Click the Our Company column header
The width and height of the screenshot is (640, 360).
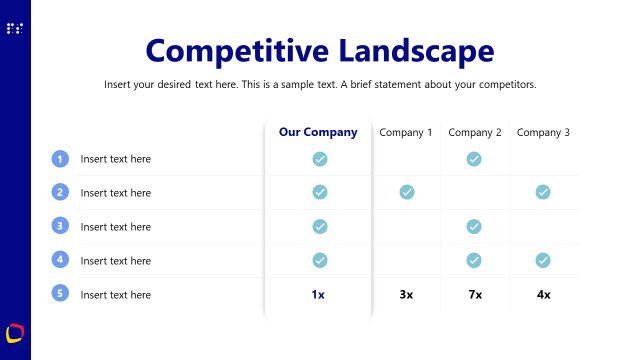click(318, 132)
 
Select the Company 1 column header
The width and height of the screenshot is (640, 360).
click(406, 132)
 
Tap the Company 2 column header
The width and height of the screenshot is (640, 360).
click(475, 132)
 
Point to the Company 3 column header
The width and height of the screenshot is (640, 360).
click(543, 132)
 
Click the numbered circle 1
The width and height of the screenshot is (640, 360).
click(60, 158)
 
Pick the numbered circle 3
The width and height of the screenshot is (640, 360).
click(60, 226)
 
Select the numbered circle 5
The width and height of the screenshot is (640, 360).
click(60, 294)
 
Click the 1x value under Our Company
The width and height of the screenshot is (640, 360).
click(318, 294)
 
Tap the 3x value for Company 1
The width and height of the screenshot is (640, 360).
click(407, 294)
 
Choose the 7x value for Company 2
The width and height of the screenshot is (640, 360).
click(475, 294)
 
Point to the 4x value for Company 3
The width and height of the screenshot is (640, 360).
click(543, 294)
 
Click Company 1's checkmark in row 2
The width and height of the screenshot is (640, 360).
click(407, 192)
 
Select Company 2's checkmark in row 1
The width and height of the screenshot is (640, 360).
click(474, 158)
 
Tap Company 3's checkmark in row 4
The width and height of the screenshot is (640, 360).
click(543, 260)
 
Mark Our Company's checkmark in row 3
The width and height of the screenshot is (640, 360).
click(320, 226)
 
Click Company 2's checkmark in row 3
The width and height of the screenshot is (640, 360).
click(474, 226)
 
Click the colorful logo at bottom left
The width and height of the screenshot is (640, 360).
click(15, 332)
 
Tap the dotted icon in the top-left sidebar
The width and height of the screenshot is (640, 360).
click(15, 29)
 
